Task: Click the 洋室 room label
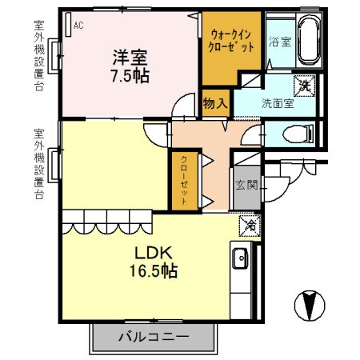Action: [x=130, y=57]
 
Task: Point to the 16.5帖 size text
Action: [x=149, y=270]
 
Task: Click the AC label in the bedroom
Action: [x=78, y=26]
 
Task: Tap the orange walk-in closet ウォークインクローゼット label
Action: [x=232, y=41]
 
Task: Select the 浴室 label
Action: [x=278, y=41]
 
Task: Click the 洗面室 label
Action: [x=276, y=103]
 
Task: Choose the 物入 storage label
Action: [x=216, y=103]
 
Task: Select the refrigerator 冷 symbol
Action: [x=250, y=226]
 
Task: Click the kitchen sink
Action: [x=241, y=258]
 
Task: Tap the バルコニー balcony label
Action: [x=154, y=336]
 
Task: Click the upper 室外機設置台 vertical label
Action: [x=39, y=55]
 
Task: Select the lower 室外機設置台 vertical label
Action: [x=39, y=165]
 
